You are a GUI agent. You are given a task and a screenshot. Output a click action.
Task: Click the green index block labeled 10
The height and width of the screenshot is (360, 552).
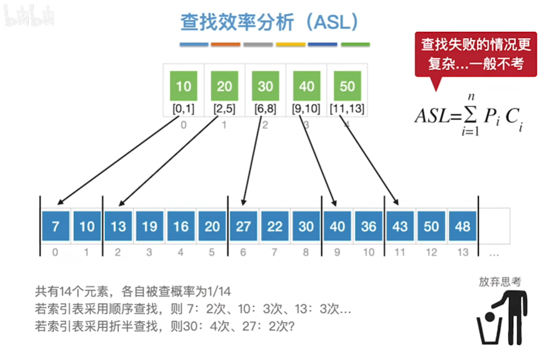pyautogui.click(x=183, y=86)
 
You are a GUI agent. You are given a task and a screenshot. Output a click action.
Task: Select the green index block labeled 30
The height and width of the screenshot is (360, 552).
pyautogui.click(x=265, y=86)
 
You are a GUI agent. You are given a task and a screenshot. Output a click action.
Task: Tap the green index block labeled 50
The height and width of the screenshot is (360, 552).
pyautogui.click(x=347, y=86)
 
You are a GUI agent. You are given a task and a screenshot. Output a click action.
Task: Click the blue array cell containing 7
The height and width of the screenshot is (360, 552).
pyautogui.click(x=56, y=226)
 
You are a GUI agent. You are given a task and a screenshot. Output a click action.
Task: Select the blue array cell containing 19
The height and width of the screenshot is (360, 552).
pyautogui.click(x=149, y=226)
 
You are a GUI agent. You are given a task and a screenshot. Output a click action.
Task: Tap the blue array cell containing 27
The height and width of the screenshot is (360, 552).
pyautogui.click(x=243, y=226)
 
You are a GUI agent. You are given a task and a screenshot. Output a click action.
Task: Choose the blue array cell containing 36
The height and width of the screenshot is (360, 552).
pyautogui.click(x=368, y=226)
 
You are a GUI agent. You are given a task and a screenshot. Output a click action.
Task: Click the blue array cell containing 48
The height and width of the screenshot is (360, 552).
pyautogui.click(x=462, y=226)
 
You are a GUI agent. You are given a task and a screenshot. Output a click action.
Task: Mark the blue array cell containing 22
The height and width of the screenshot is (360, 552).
pyautogui.click(x=274, y=226)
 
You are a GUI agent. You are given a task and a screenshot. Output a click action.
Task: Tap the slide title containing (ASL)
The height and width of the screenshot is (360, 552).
pyautogui.click(x=270, y=22)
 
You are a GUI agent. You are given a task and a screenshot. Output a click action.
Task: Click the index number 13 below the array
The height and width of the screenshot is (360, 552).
pyautogui.click(x=462, y=252)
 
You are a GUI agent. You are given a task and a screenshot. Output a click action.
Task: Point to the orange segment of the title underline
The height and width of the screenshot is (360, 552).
pyautogui.click(x=226, y=45)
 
